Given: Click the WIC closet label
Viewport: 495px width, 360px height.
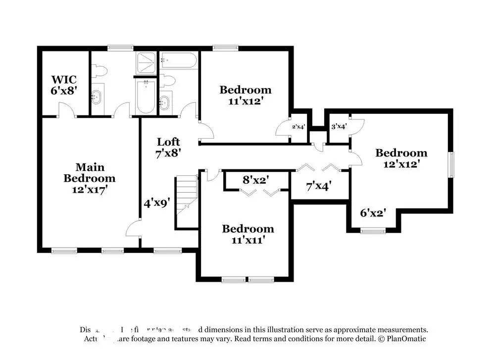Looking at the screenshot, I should tap(64, 80).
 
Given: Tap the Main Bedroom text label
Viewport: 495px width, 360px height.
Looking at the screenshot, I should tap(89, 173).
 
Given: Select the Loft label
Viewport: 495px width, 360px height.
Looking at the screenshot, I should tap(168, 142).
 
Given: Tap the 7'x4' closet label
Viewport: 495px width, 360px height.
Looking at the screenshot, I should tap(318, 186).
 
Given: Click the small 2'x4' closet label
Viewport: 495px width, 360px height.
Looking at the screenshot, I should tap(298, 127).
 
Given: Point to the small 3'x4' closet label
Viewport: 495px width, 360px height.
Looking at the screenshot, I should tap(339, 126).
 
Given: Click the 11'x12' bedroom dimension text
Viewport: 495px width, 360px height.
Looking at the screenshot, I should tap(246, 101).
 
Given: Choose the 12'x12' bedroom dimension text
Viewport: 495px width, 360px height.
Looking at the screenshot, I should tap(401, 163).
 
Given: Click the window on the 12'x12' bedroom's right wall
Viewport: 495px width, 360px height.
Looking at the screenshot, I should tap(451, 164).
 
